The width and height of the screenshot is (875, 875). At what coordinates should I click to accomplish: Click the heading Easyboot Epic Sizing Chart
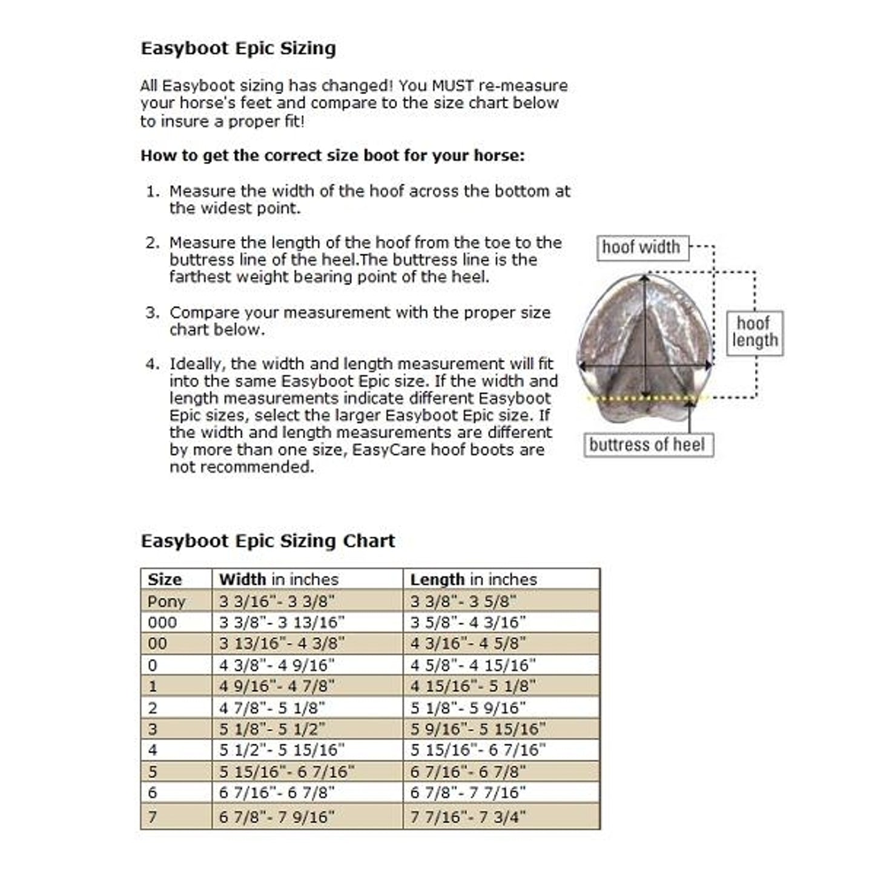coord(268,541)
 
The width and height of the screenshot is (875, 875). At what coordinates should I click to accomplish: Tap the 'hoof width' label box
coord(642,248)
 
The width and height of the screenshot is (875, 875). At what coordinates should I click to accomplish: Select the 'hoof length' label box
coord(754,332)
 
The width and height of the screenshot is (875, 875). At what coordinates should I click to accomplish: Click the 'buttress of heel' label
coord(647,445)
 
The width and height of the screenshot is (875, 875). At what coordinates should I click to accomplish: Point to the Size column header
coord(165,579)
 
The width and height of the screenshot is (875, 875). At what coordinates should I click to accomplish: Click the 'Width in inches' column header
coord(279,579)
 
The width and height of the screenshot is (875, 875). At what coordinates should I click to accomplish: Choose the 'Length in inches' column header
coord(474,579)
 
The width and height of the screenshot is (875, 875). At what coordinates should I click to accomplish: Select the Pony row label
coord(167,602)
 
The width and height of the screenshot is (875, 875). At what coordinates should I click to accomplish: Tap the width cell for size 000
coord(282,622)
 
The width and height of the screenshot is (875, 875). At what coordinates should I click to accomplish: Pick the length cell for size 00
coord(468,644)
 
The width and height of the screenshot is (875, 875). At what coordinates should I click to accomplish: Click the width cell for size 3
coord(272,729)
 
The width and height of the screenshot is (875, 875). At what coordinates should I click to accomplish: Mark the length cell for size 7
coord(468,817)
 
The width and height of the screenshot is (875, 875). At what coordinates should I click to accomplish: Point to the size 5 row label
coord(153,772)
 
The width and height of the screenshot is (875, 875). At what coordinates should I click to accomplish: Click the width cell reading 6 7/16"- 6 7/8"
coord(277,793)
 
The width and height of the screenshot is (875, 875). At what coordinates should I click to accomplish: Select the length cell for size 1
coord(473,686)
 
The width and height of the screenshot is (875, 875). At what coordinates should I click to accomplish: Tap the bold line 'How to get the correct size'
coord(332,156)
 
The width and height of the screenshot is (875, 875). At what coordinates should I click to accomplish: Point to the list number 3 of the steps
coord(152,313)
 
